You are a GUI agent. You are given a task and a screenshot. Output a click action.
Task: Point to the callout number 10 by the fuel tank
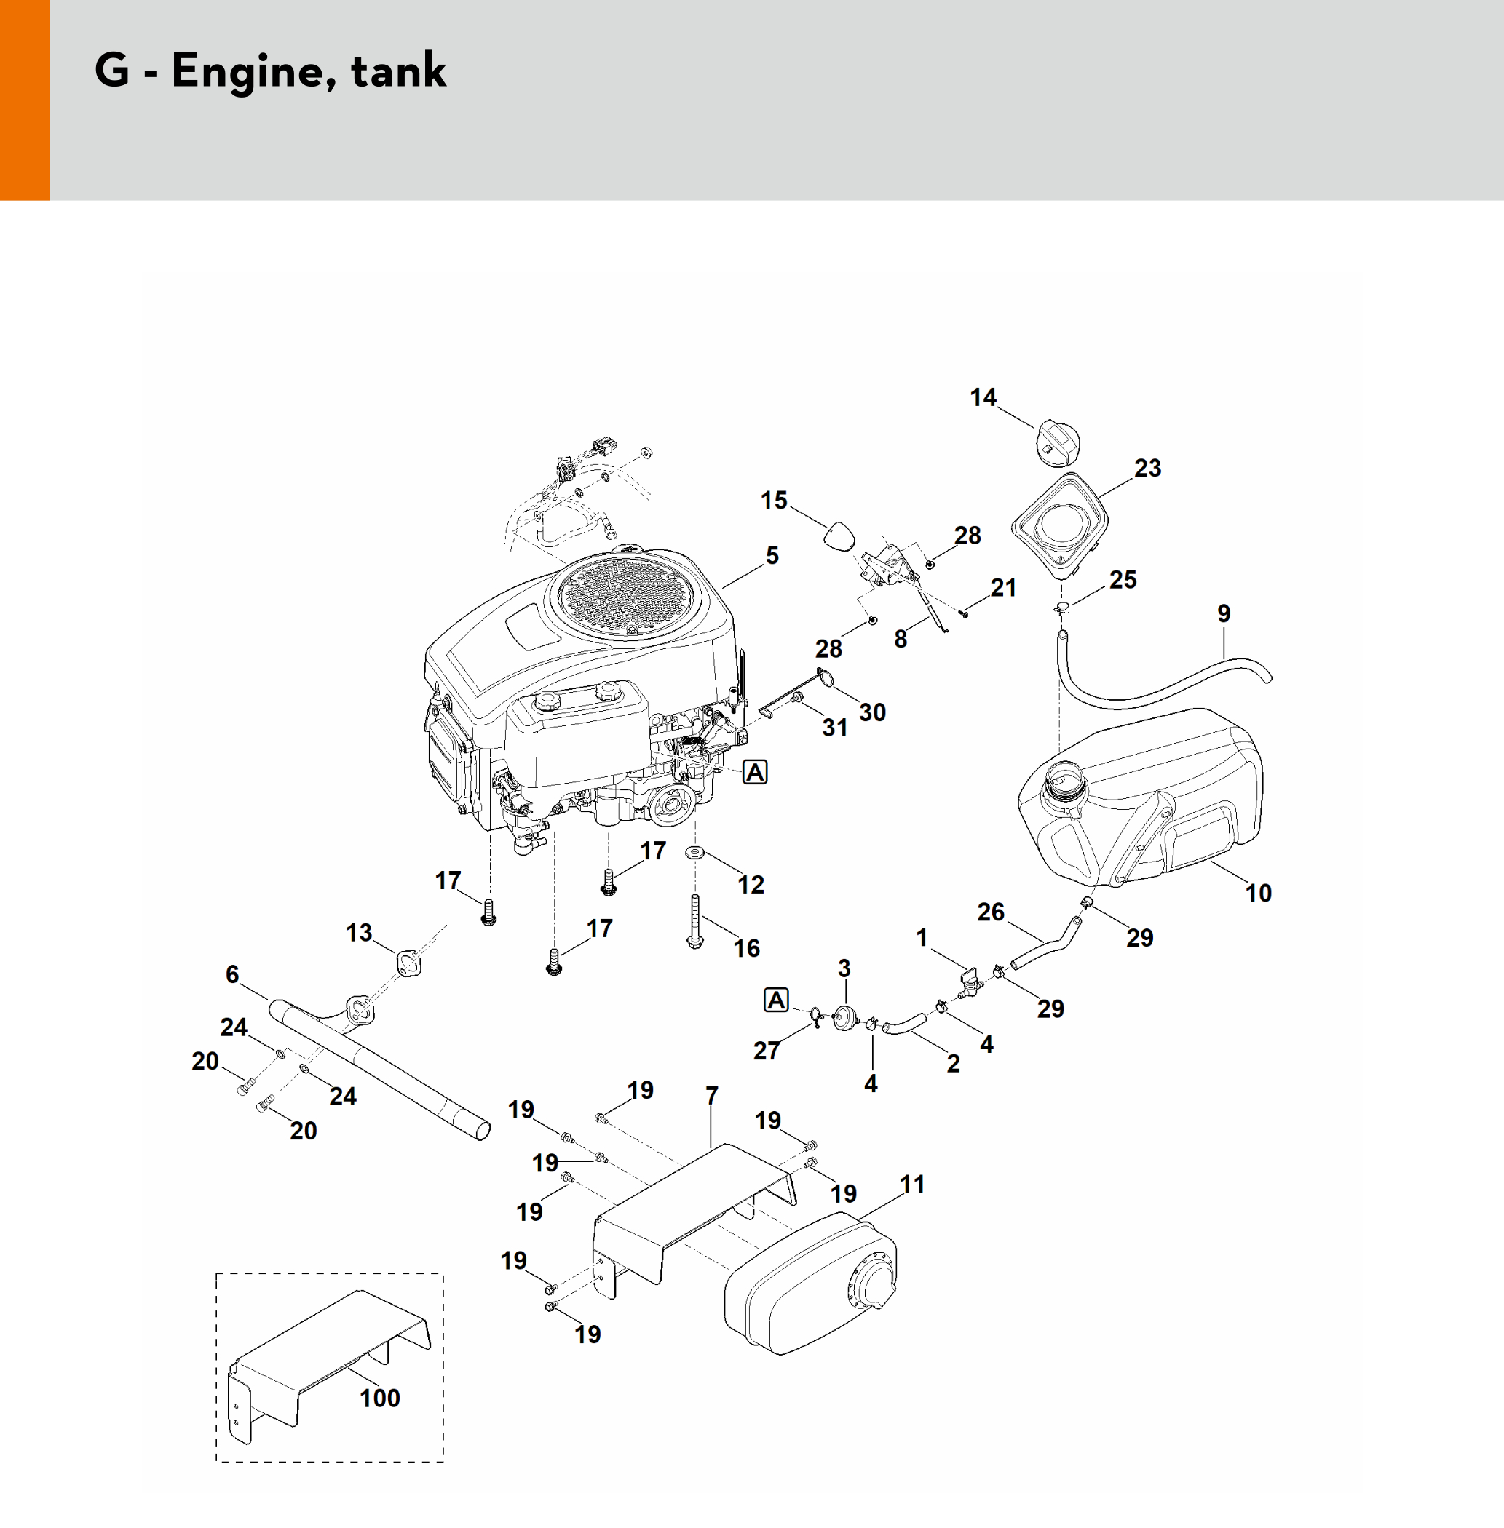point(1259,893)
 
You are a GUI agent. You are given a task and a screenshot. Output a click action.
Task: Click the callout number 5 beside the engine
point(772,555)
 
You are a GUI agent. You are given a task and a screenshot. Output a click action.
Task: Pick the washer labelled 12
point(695,852)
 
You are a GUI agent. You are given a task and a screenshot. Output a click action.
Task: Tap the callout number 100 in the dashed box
point(379,1397)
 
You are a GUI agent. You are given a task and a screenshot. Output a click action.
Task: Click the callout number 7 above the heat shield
point(711,1095)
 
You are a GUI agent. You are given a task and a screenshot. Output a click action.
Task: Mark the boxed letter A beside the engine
point(755,771)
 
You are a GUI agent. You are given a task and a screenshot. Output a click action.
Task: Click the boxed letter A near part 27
point(777,1000)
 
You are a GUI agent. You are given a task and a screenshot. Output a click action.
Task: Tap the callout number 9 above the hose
point(1223,613)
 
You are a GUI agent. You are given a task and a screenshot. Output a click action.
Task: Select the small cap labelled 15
point(839,537)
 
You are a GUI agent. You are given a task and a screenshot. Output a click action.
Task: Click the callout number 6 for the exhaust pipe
point(231,974)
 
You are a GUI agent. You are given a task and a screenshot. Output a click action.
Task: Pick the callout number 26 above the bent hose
point(991,912)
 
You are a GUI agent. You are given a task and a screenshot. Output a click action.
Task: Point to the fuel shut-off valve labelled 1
point(971,982)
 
